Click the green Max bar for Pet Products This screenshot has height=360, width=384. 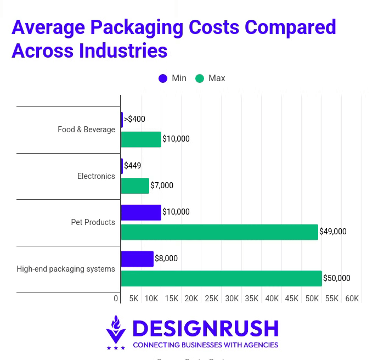click(219, 232)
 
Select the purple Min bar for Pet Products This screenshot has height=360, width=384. click(141, 212)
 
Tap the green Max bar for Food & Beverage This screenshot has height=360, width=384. click(141, 139)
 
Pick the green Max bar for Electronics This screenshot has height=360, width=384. click(135, 186)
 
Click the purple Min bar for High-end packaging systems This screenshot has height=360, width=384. click(137, 259)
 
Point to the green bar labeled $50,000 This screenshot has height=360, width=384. click(221, 279)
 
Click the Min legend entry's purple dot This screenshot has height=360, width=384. click(163, 78)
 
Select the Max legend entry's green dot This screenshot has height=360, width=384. click(200, 78)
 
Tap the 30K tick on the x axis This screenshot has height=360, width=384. click(231, 299)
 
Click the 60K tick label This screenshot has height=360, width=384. click(352, 299)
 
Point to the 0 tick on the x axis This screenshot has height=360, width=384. click(116, 299)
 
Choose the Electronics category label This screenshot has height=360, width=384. click(96, 176)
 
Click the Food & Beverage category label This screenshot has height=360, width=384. click(86, 130)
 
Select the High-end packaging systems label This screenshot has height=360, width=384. click(66, 269)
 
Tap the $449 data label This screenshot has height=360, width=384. click(132, 166)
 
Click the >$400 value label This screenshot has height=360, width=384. click(134, 119)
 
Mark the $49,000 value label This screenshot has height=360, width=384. click(333, 232)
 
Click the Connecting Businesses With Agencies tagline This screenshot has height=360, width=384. click(205, 345)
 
